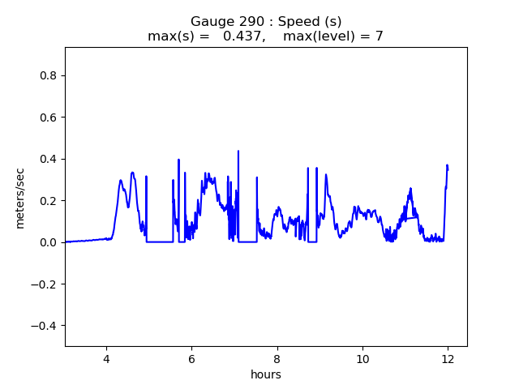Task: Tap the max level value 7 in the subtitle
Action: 379,36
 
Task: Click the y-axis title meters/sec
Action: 20,197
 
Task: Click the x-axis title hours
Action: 265,375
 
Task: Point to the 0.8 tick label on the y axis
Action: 47,75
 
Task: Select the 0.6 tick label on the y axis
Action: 47,118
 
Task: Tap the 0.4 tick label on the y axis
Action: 47,159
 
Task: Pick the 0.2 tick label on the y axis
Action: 47,201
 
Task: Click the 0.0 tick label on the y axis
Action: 47,242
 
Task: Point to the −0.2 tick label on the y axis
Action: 44,284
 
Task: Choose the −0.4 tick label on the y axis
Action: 44,326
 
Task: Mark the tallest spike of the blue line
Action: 238,152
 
